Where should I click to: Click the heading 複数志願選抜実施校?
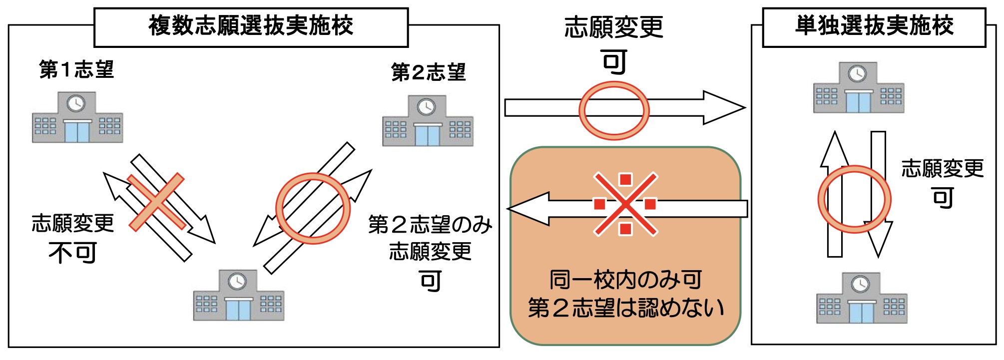point(251,26)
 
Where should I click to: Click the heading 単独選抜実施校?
point(874,26)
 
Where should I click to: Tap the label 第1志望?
point(76,70)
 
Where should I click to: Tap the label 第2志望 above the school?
point(428,73)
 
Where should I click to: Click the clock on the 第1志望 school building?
point(76,104)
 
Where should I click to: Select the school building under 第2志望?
point(428,121)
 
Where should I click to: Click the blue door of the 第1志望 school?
point(77,132)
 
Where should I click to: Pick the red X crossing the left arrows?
point(156,202)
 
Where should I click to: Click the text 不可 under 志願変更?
point(73,253)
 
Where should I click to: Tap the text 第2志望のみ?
point(430,225)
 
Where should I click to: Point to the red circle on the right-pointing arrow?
point(614,111)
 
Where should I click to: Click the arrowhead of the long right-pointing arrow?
point(723,107)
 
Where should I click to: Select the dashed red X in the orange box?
point(625,204)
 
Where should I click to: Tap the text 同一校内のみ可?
point(625,280)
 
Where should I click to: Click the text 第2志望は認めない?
point(625,308)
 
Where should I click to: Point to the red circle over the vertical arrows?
point(854,199)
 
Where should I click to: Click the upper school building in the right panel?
point(858,88)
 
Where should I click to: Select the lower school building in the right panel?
point(861,298)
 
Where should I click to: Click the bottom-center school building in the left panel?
point(238,296)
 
